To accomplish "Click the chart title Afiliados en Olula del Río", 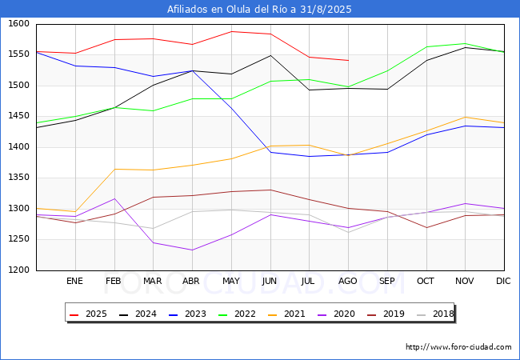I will coord(259,10).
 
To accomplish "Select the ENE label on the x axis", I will coord(74,282).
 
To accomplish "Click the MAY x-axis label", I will coord(230,282).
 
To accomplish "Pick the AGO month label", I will coord(348,282).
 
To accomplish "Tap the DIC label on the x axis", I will coord(503,282).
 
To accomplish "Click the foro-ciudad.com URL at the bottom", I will coord(458,347).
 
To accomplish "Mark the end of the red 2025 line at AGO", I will coord(348,60).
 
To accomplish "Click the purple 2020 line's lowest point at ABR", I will coord(192,250).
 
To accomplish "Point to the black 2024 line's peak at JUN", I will coord(270,55).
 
